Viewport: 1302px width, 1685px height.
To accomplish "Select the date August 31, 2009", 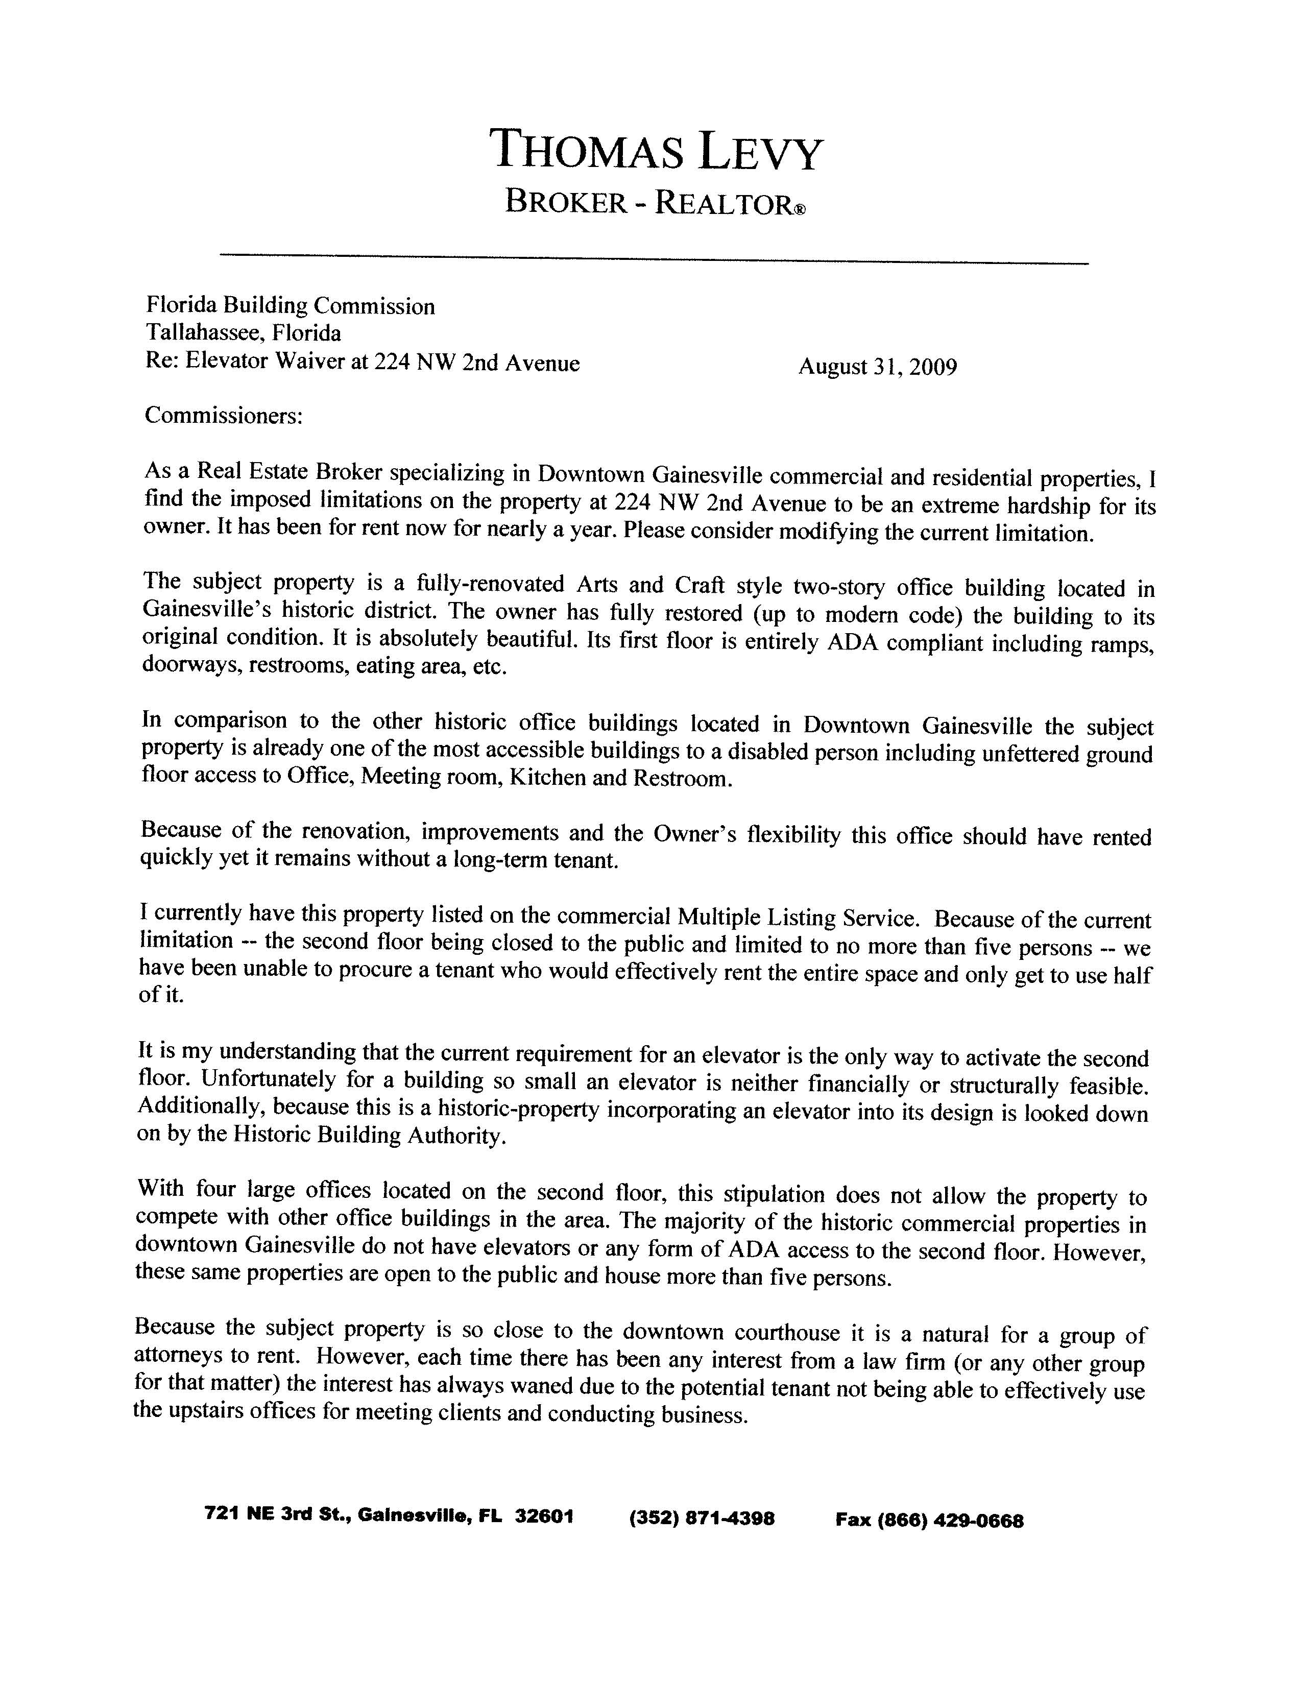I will coord(877,367).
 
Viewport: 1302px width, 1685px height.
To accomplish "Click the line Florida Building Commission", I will coord(290,306).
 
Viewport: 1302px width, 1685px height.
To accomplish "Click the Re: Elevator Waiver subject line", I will coord(362,363).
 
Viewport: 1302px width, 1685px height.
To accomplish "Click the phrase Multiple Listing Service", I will coord(798,918).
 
